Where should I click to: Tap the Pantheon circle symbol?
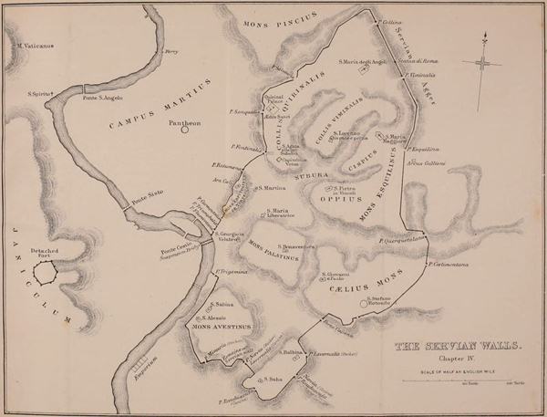point(185,130)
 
